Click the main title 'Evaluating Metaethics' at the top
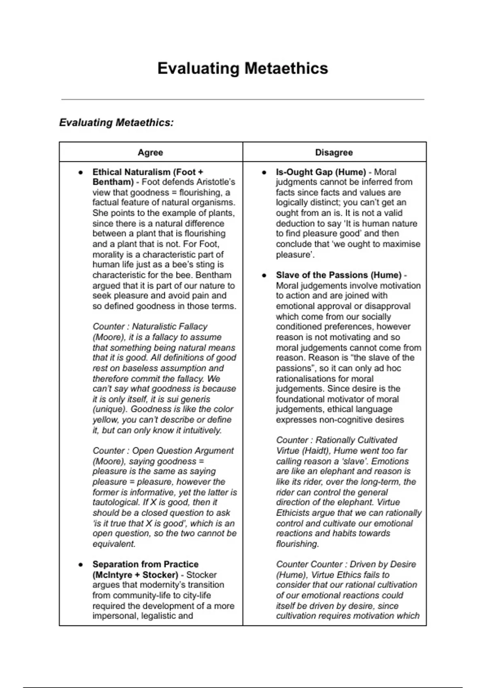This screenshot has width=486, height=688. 243,68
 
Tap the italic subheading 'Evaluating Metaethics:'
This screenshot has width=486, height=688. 116,122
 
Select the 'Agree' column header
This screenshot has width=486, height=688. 150,153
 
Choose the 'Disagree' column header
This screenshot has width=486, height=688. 334,153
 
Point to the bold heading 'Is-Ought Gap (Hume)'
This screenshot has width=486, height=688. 321,172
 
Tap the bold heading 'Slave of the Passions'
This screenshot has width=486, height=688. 339,275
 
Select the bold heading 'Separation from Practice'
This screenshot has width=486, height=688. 145,564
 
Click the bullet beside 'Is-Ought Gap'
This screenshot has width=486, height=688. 264,172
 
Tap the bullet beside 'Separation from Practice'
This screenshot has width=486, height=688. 81,565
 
